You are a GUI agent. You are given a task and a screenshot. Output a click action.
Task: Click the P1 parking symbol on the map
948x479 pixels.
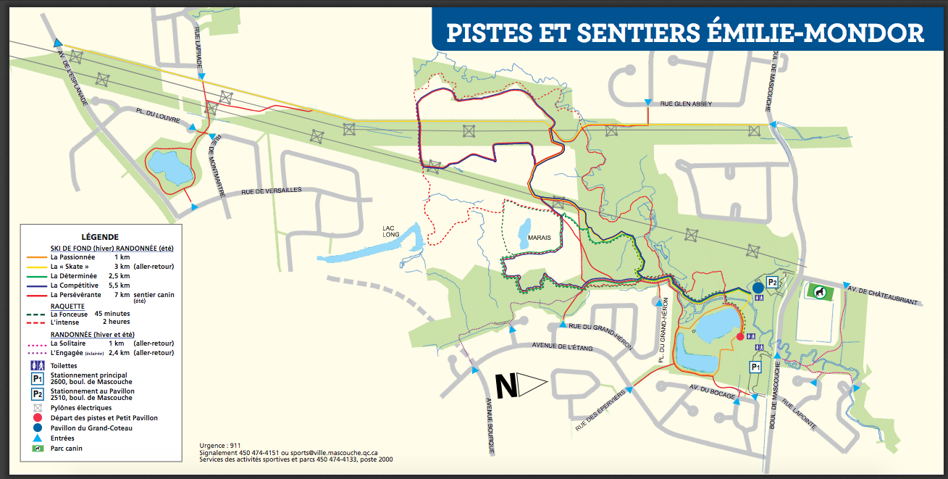tap(755, 367)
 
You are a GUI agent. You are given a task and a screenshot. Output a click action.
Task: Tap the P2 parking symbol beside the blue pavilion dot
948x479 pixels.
tap(773, 283)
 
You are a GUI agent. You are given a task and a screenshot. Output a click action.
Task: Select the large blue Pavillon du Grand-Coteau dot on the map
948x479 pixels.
tap(758, 288)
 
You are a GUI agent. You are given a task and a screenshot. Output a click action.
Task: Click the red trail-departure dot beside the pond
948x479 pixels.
tap(739, 336)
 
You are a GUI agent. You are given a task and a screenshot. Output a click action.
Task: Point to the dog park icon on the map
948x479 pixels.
tap(818, 291)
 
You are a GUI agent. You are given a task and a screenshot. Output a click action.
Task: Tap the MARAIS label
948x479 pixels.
tap(539, 237)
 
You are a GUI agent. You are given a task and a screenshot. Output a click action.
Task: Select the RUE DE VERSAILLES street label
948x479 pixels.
tap(271, 191)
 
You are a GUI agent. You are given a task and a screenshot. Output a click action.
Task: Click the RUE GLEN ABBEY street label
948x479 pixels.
tap(685, 104)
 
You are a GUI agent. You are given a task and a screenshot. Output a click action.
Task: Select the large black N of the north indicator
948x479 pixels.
tap(506, 386)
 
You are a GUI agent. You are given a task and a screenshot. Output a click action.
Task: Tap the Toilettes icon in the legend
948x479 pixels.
tap(36, 365)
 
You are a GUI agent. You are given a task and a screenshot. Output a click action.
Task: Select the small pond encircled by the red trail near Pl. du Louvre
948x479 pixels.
tap(171, 169)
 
